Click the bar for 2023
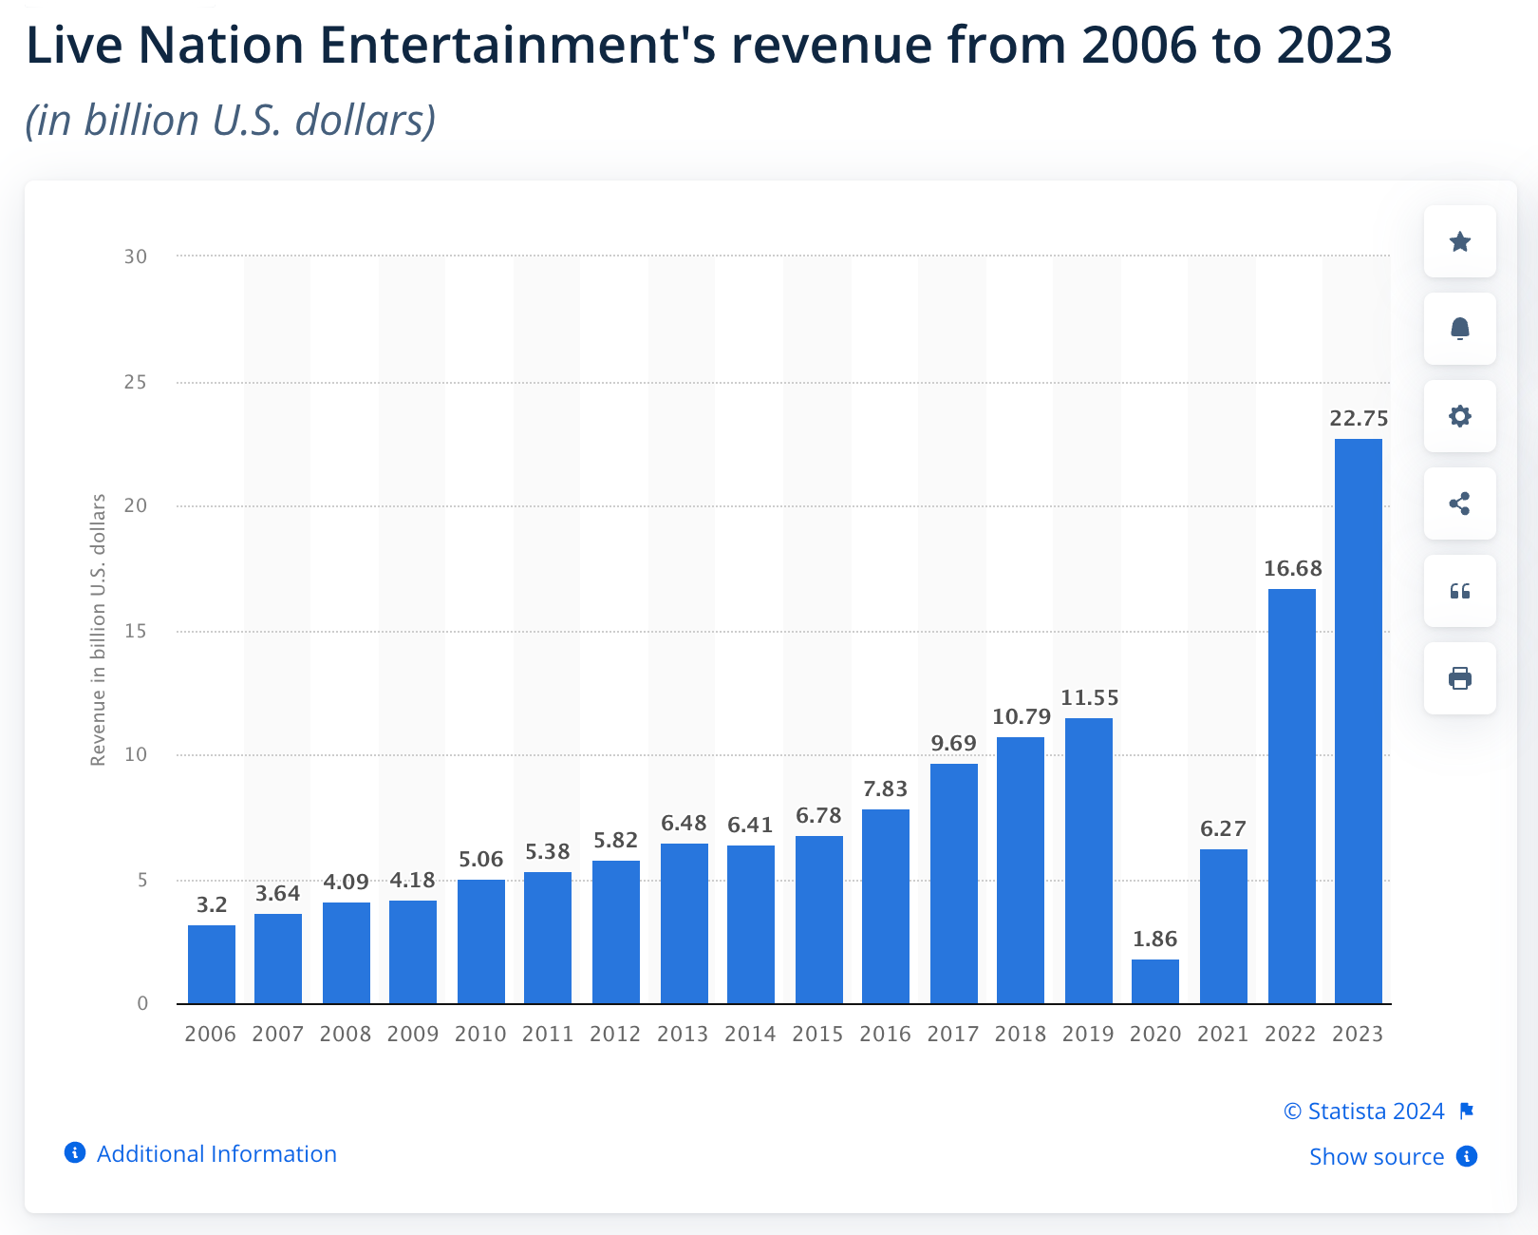click(1358, 721)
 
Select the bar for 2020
click(1154, 981)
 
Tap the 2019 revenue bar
click(1088, 861)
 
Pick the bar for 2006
click(211, 964)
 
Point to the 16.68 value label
click(1292, 569)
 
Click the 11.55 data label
click(1089, 698)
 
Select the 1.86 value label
click(1154, 940)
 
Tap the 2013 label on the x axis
click(683, 1034)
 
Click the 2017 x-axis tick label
click(952, 1034)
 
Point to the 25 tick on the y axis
click(136, 382)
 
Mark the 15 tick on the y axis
click(136, 631)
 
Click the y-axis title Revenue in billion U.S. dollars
click(98, 630)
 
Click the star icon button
click(1459, 241)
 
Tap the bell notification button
click(1459, 329)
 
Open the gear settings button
click(1459, 416)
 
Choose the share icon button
click(1459, 503)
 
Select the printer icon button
click(1459, 678)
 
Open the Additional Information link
click(216, 1153)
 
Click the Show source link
click(1376, 1156)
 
